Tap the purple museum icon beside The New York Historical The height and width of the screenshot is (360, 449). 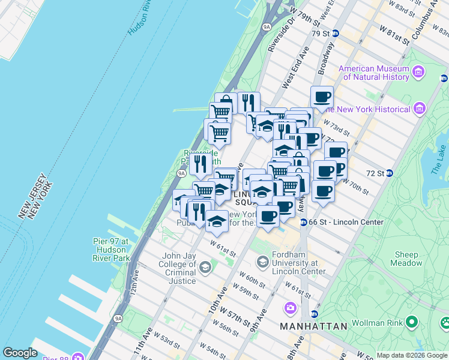pos(420,109)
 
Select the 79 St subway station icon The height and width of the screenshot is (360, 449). pos(335,34)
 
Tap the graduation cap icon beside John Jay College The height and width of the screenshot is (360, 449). pos(205,266)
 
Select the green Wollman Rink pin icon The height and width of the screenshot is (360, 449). pos(411,323)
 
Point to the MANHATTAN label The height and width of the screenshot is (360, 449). pos(313,326)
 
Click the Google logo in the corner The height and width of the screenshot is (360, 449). pos(20,353)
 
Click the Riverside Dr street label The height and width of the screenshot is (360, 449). pos(282,37)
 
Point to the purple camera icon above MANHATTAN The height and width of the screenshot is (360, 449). pos(291,308)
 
